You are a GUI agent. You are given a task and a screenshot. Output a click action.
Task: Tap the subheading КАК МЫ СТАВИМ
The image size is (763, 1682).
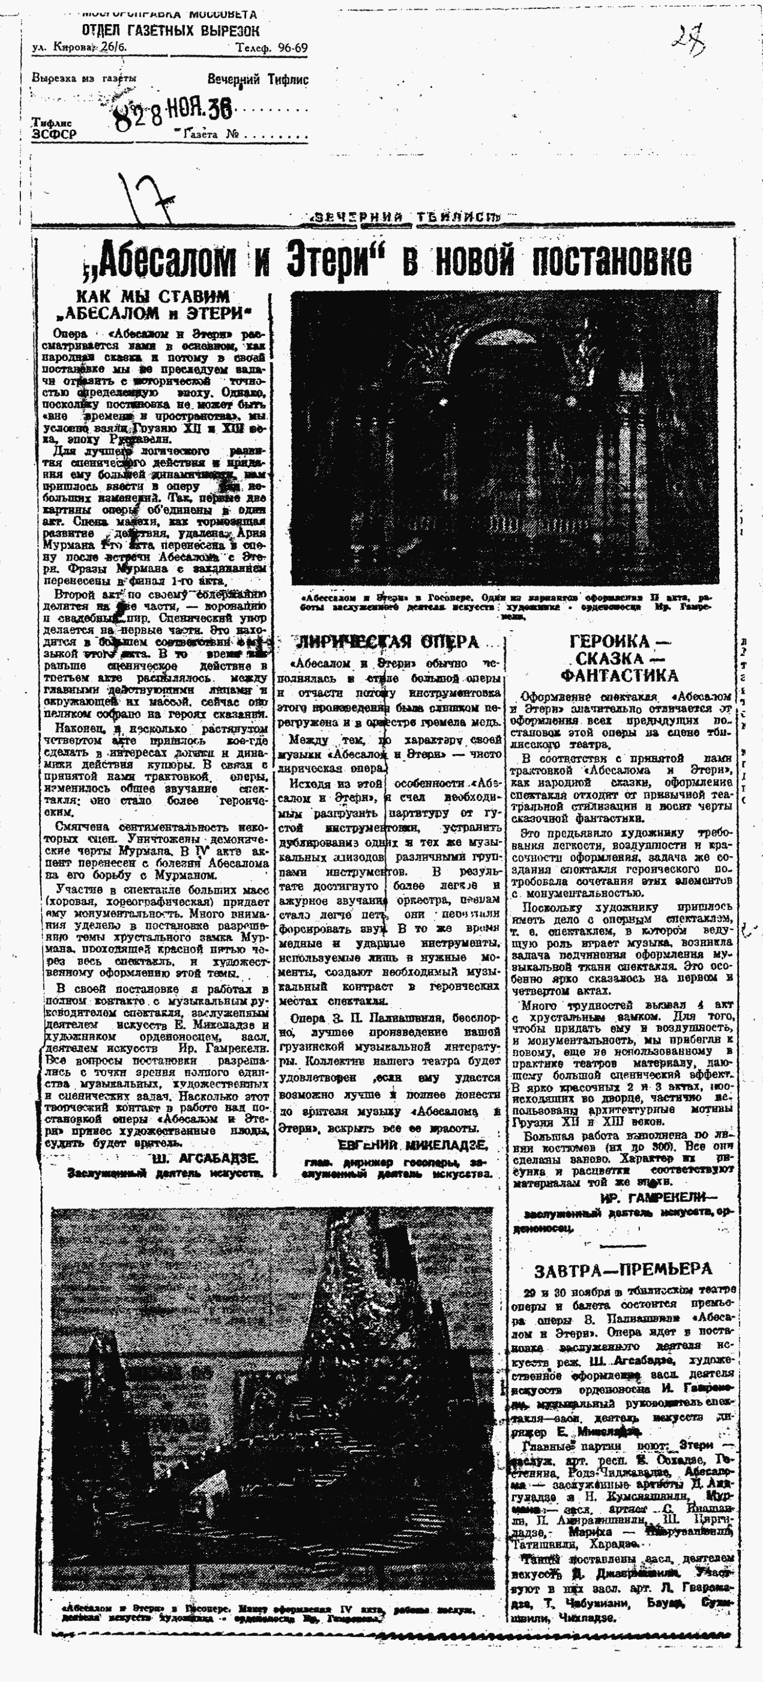tap(154, 296)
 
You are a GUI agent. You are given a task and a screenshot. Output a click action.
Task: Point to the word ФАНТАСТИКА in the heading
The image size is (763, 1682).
tap(620, 675)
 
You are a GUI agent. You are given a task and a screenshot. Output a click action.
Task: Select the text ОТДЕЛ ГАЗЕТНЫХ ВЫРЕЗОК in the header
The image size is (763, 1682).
tap(170, 31)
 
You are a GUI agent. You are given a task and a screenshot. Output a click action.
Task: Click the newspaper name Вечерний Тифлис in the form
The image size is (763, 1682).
tap(258, 80)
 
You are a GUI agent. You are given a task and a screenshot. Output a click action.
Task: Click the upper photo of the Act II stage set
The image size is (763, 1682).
tap(504, 437)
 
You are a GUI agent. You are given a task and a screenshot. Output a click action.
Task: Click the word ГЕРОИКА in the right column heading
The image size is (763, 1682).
tap(619, 641)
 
